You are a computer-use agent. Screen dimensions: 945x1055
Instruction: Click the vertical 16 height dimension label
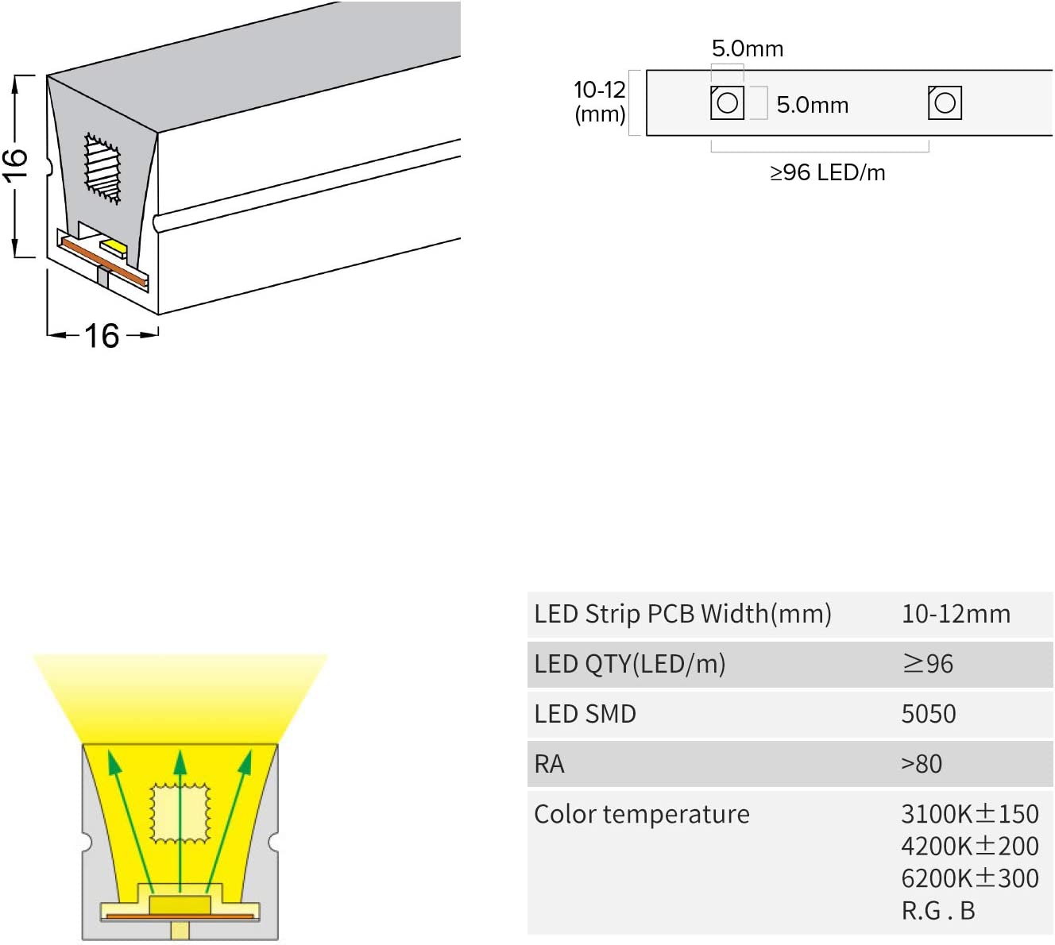(15, 165)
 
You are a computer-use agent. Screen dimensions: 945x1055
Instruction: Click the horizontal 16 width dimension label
(102, 336)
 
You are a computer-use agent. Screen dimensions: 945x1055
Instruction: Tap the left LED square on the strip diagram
(727, 102)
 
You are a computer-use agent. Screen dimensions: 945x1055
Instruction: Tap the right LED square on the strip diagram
(945, 102)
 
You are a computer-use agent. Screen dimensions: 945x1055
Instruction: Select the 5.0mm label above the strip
(747, 49)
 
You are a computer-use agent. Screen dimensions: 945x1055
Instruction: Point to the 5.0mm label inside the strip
(812, 105)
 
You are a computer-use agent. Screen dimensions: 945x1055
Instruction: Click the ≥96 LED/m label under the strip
(827, 172)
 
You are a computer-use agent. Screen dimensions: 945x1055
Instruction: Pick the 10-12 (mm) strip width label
(600, 102)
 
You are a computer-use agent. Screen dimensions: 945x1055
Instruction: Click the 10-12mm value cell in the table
(956, 614)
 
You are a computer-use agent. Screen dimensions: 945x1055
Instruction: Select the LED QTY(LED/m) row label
(629, 664)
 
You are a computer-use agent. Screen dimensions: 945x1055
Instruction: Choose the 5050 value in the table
(928, 714)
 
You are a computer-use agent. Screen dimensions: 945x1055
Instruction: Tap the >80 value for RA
(922, 764)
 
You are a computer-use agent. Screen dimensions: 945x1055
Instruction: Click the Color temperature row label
(641, 814)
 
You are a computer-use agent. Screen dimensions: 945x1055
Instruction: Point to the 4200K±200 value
(969, 847)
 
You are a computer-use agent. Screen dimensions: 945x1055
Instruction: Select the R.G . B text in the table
(937, 911)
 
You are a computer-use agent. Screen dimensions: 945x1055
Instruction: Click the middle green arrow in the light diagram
(180, 818)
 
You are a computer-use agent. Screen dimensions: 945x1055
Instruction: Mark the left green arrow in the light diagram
(131, 818)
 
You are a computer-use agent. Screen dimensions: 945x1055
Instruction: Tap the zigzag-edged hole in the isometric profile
(102, 168)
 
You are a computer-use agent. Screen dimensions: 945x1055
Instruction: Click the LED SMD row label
(585, 714)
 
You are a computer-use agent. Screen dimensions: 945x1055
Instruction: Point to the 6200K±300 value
(969, 878)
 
